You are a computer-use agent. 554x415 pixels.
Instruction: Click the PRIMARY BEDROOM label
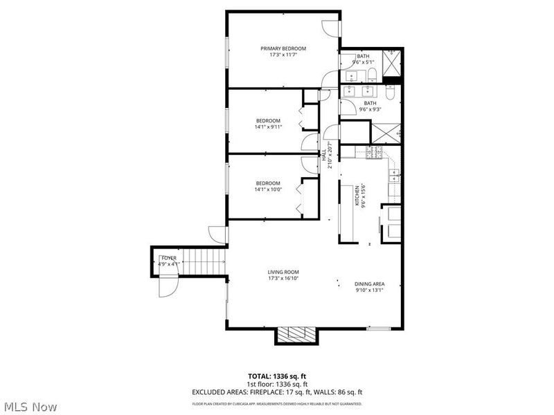(283, 48)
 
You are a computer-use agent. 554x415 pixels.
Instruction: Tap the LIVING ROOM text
(283, 272)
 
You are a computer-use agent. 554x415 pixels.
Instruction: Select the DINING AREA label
(369, 284)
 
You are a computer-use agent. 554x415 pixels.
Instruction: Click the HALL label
(323, 156)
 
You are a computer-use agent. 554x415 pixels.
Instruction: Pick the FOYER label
(169, 258)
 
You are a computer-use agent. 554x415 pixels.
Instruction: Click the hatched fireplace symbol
(297, 335)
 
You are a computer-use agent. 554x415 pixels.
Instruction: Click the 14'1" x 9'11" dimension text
(268, 127)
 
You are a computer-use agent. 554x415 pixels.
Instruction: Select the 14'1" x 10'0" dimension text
(268, 190)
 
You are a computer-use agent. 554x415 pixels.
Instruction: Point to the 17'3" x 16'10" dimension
(283, 279)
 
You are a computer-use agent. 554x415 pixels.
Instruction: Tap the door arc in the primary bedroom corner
(330, 27)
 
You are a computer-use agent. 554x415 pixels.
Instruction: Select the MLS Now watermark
(30, 407)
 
